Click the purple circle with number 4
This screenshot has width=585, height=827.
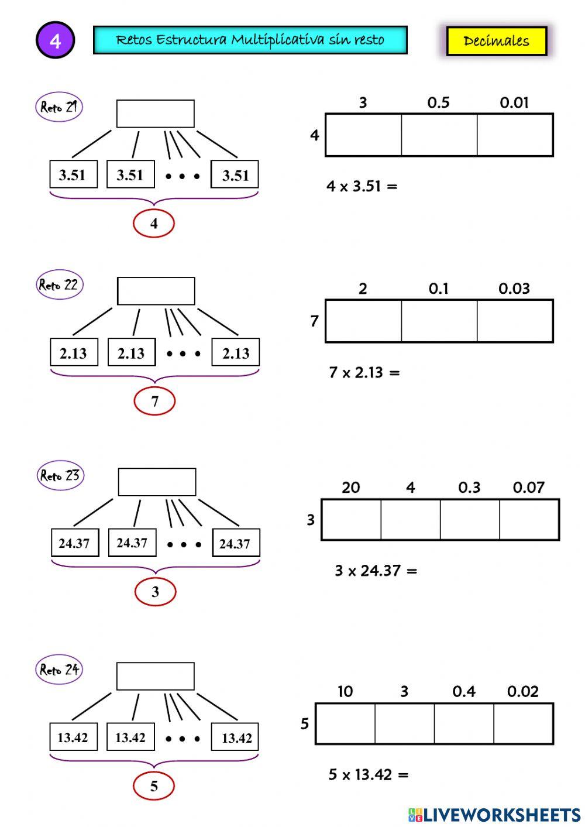pos(55,40)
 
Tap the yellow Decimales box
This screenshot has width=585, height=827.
pos(496,41)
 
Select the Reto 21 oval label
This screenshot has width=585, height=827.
pos(58,107)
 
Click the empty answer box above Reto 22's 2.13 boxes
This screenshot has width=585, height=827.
pos(156,291)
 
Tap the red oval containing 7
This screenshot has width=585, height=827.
pos(154,402)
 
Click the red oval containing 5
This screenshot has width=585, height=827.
pos(154,785)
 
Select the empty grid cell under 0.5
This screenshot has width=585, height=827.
pos(439,135)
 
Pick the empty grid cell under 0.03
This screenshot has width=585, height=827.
pos(515,321)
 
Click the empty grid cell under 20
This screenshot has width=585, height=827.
pos(351,519)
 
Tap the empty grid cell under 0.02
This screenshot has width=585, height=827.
pos(523,723)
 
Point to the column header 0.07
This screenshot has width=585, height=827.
pos(528,488)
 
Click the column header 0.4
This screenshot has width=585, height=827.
pos(464,692)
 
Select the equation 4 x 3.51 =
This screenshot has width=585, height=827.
pos(362,187)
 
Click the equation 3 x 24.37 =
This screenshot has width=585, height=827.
pos(376,571)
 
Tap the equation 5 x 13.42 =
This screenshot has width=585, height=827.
pos(368,775)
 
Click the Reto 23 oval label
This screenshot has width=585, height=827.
pos(60,475)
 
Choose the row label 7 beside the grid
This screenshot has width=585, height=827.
pos(314,321)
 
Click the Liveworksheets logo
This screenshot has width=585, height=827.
pos(494,815)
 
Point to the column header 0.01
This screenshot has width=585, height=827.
pos(514,103)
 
